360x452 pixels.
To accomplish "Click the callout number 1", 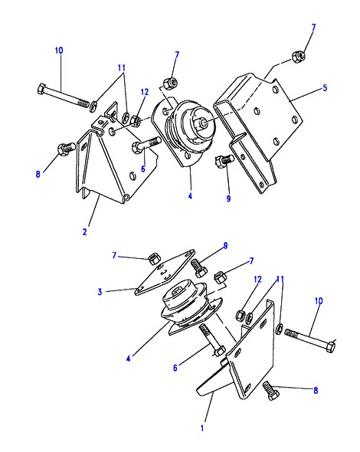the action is [202, 428].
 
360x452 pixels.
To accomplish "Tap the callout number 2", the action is [84, 231].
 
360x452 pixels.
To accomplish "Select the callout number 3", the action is [100, 292].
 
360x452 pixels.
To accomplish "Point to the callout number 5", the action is [325, 87].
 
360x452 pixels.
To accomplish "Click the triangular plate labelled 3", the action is [164, 273].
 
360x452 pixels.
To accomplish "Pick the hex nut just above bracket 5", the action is [298, 56].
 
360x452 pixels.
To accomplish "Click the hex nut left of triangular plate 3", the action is [153, 259].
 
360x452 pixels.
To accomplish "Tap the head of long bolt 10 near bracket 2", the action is [42, 88].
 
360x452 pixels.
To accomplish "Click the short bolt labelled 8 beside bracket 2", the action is [67, 149].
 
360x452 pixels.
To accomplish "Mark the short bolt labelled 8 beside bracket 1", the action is [271, 391].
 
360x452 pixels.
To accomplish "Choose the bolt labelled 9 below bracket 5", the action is [224, 160].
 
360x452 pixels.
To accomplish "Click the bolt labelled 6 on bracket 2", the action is [146, 145].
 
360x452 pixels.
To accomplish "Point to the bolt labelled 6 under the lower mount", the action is [212, 339].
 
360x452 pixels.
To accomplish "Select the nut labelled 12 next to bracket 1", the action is [241, 314].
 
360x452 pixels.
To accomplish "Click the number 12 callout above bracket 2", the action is [145, 92].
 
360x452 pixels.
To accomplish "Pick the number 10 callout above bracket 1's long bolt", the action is [319, 301].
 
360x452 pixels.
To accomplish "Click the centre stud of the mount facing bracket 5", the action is [204, 123].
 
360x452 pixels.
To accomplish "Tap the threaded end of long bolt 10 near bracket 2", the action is [83, 103].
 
